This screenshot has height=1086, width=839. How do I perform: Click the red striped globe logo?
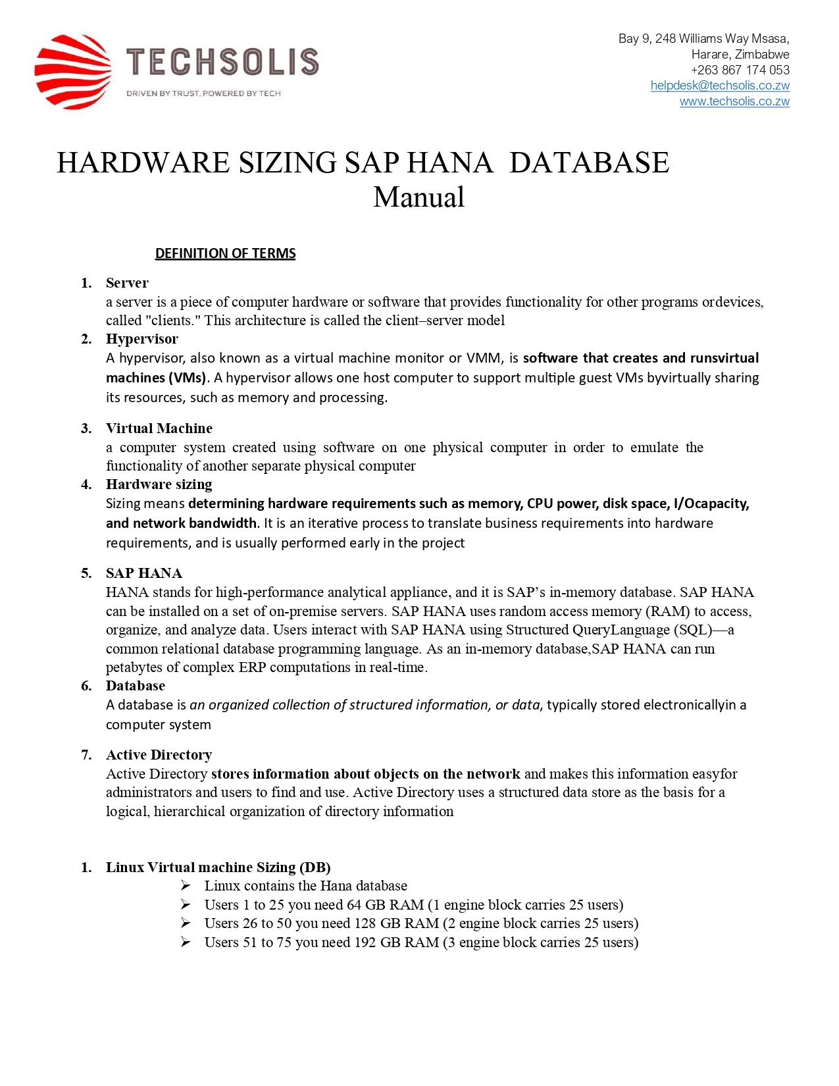point(72,72)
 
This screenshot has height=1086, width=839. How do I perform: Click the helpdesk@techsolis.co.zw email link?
point(719,86)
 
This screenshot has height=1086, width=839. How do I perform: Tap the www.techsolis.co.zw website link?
point(734,101)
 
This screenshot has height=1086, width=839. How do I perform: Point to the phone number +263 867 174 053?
point(740,70)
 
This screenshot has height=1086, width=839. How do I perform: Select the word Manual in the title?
point(419,197)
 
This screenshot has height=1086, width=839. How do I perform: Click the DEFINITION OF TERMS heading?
point(225,253)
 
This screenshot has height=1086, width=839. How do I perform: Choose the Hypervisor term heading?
point(142,339)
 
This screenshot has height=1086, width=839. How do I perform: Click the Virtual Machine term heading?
point(159,428)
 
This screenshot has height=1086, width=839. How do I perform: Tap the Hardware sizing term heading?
point(159,484)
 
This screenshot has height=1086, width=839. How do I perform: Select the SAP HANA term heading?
point(144,573)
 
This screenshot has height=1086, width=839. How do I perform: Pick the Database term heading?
point(136,686)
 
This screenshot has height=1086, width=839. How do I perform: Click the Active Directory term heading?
point(159,755)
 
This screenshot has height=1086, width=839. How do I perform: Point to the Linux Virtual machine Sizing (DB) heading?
point(218,867)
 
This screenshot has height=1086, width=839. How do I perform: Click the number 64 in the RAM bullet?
point(354,905)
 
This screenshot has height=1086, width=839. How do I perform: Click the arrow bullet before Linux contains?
point(186,886)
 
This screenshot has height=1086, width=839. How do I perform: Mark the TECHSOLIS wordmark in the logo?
point(222,62)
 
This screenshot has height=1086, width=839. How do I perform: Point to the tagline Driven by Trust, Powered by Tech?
point(203,93)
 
